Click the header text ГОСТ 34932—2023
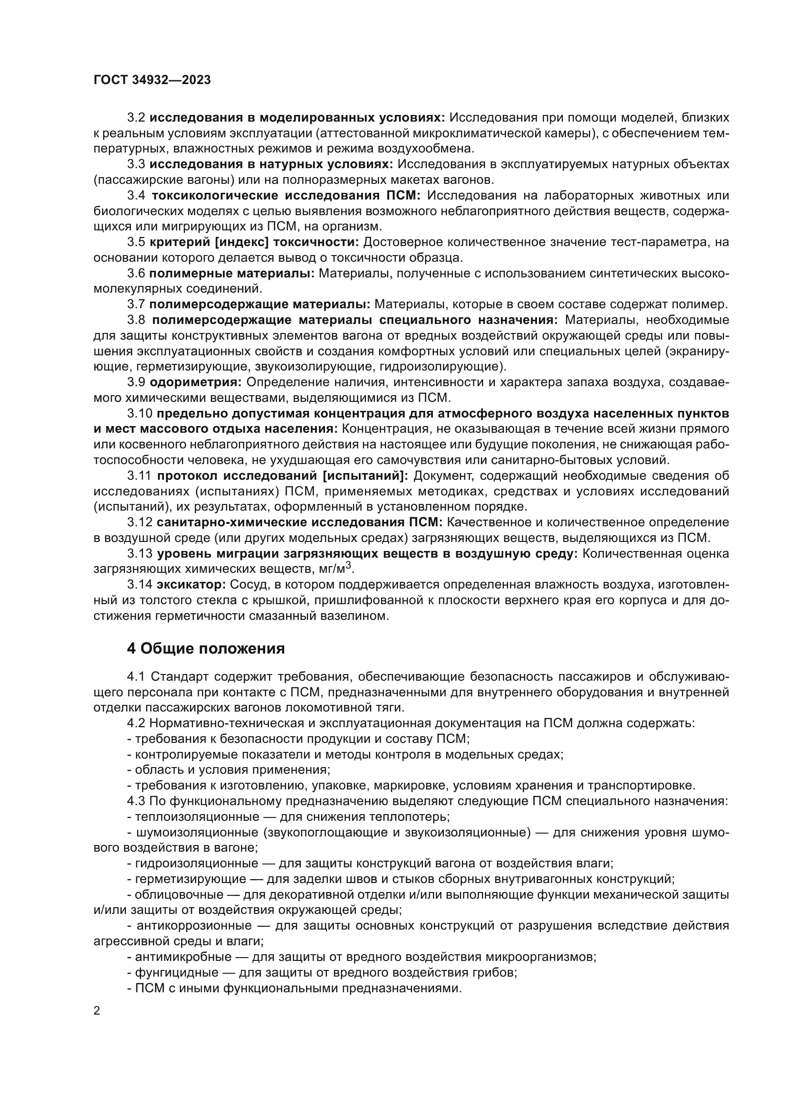(152, 80)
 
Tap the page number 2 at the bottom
(97, 1034)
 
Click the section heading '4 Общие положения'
(205, 649)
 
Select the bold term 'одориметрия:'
(195, 383)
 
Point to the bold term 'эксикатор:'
(191, 585)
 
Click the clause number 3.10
(140, 414)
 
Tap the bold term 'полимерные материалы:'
(232, 274)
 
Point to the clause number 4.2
(136, 723)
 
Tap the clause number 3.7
(136, 305)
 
